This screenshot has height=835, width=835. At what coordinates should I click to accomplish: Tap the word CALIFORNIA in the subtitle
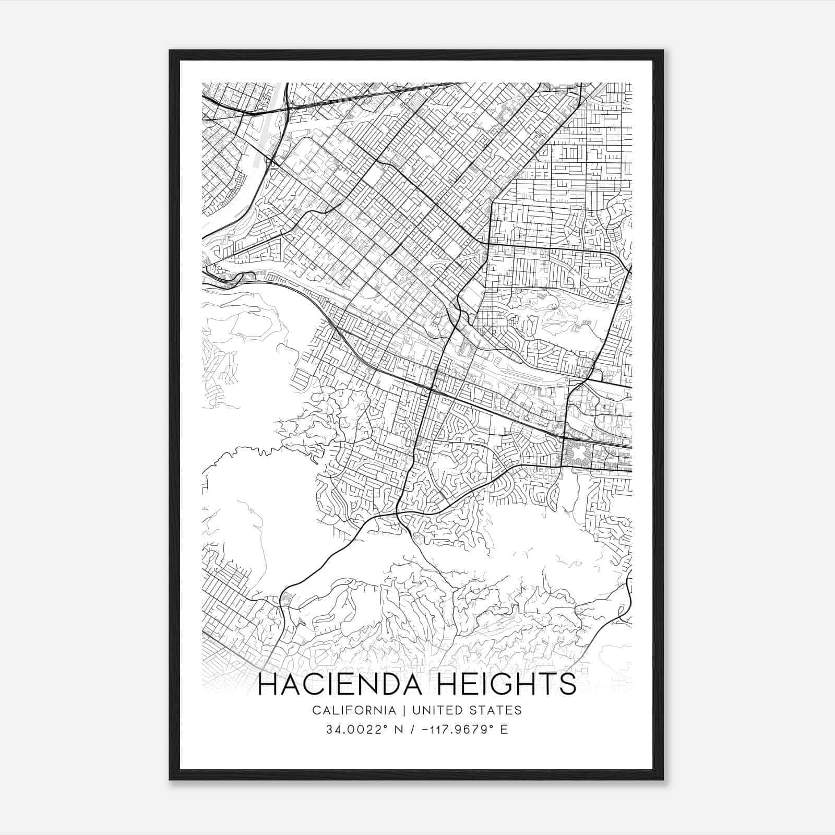(x=354, y=710)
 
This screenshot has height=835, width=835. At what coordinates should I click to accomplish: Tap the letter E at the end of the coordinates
(x=504, y=730)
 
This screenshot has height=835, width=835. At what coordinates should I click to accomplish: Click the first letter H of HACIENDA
(x=268, y=684)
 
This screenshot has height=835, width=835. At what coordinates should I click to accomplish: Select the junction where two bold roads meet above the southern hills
(x=398, y=514)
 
